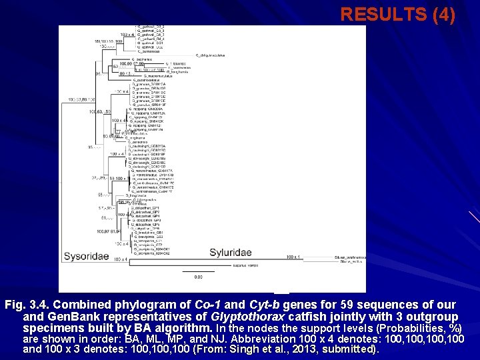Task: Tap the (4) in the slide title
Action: [442, 15]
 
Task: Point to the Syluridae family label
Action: [231, 252]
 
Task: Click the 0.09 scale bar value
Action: [198, 277]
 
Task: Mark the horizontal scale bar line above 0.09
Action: [198, 271]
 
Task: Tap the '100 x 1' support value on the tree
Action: [293, 257]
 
